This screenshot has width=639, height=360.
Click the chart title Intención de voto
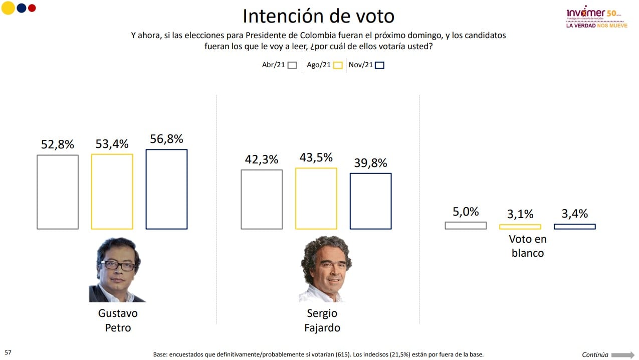[x=318, y=16]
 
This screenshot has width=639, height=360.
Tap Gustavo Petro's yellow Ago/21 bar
[x=112, y=192]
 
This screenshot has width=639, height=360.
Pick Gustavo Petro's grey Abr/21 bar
[x=58, y=192]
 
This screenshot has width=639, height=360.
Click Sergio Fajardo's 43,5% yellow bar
[x=316, y=199]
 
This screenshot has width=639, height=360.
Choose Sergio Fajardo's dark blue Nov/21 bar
[x=370, y=201]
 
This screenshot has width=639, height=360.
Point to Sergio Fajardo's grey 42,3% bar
[x=262, y=200]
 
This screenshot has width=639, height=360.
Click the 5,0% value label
[x=466, y=212]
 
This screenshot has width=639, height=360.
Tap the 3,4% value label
[x=574, y=214]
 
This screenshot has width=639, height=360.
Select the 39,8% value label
[x=370, y=163]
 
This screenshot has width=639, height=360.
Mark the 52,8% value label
[x=58, y=144]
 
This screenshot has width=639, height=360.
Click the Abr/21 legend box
[x=292, y=65]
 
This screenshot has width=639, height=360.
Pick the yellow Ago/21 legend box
[x=338, y=65]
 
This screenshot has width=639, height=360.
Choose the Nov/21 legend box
[x=379, y=65]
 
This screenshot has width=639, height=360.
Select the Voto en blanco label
[x=528, y=246]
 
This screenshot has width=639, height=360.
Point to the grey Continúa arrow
[x=622, y=355]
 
